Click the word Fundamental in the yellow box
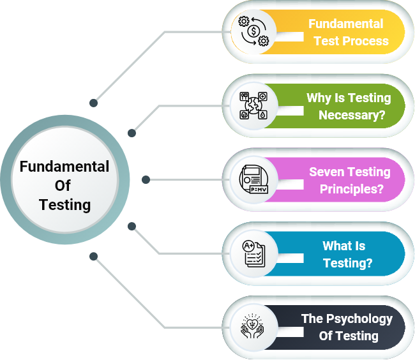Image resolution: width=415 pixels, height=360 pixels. point(345,24)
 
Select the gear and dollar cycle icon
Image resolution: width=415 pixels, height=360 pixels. point(253,31)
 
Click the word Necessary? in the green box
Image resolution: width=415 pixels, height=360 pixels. point(352,116)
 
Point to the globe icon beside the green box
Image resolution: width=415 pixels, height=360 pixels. point(253,105)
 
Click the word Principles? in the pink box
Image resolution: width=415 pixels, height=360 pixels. point(351,190)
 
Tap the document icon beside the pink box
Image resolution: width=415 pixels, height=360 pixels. point(253,179)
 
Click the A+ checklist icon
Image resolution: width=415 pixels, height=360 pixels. point(253,253)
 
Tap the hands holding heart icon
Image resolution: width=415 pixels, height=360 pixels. point(253,327)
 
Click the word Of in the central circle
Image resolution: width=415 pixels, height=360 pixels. point(63,186)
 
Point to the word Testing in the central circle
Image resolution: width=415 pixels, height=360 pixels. point(64,205)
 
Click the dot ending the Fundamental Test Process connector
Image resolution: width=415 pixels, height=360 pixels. point(94,102)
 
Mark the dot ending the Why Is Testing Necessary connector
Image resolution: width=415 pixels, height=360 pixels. point(132,133)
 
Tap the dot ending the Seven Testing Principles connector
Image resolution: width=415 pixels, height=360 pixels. point(146,180)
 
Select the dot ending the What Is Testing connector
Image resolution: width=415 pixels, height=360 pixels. point(132,226)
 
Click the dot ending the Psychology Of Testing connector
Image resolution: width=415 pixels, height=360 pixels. point(94,257)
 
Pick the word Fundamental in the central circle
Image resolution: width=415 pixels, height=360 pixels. point(64,167)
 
